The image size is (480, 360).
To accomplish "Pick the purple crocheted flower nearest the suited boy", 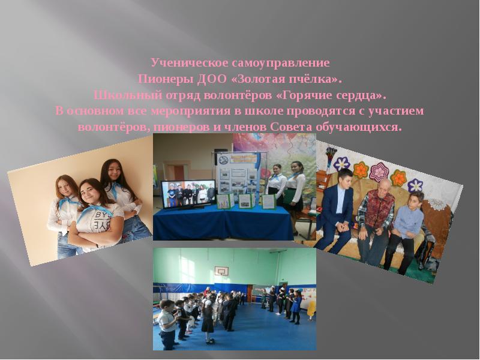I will pyautogui.click(x=342, y=163).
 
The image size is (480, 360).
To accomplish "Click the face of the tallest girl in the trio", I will pyautogui.click(x=113, y=172).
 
